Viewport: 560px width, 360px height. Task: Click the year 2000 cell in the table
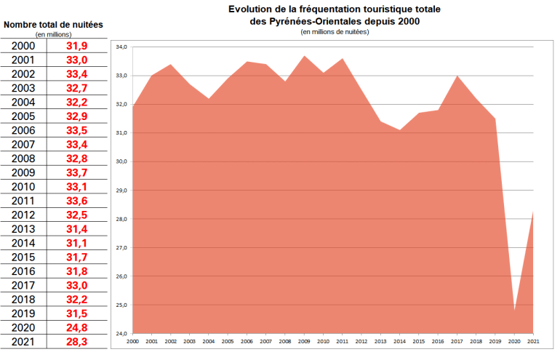[x=23, y=46]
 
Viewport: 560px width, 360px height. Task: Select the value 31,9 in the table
[x=76, y=46]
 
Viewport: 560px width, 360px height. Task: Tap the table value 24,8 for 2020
[x=76, y=327]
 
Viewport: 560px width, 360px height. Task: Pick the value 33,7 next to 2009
[x=76, y=172]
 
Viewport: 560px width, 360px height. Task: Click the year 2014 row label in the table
[x=23, y=242]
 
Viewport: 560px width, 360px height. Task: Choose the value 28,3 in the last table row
[x=76, y=340]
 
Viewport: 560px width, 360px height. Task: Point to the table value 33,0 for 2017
[x=76, y=284]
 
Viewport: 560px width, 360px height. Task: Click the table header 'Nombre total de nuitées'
[x=53, y=25]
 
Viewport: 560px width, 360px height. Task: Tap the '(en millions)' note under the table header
[x=53, y=34]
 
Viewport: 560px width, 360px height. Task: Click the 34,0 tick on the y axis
[x=122, y=47]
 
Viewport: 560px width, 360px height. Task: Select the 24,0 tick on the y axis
[x=122, y=334]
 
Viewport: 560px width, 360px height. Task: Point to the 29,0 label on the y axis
[x=122, y=191]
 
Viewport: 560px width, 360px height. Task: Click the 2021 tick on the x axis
[x=533, y=341]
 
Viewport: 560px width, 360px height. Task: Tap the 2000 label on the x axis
[x=133, y=341]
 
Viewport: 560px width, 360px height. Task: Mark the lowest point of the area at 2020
[x=514, y=311]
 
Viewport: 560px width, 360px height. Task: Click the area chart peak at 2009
[x=305, y=56]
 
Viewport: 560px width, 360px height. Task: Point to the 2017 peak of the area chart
[x=457, y=76]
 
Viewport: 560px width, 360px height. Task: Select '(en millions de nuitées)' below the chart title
[x=334, y=31]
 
